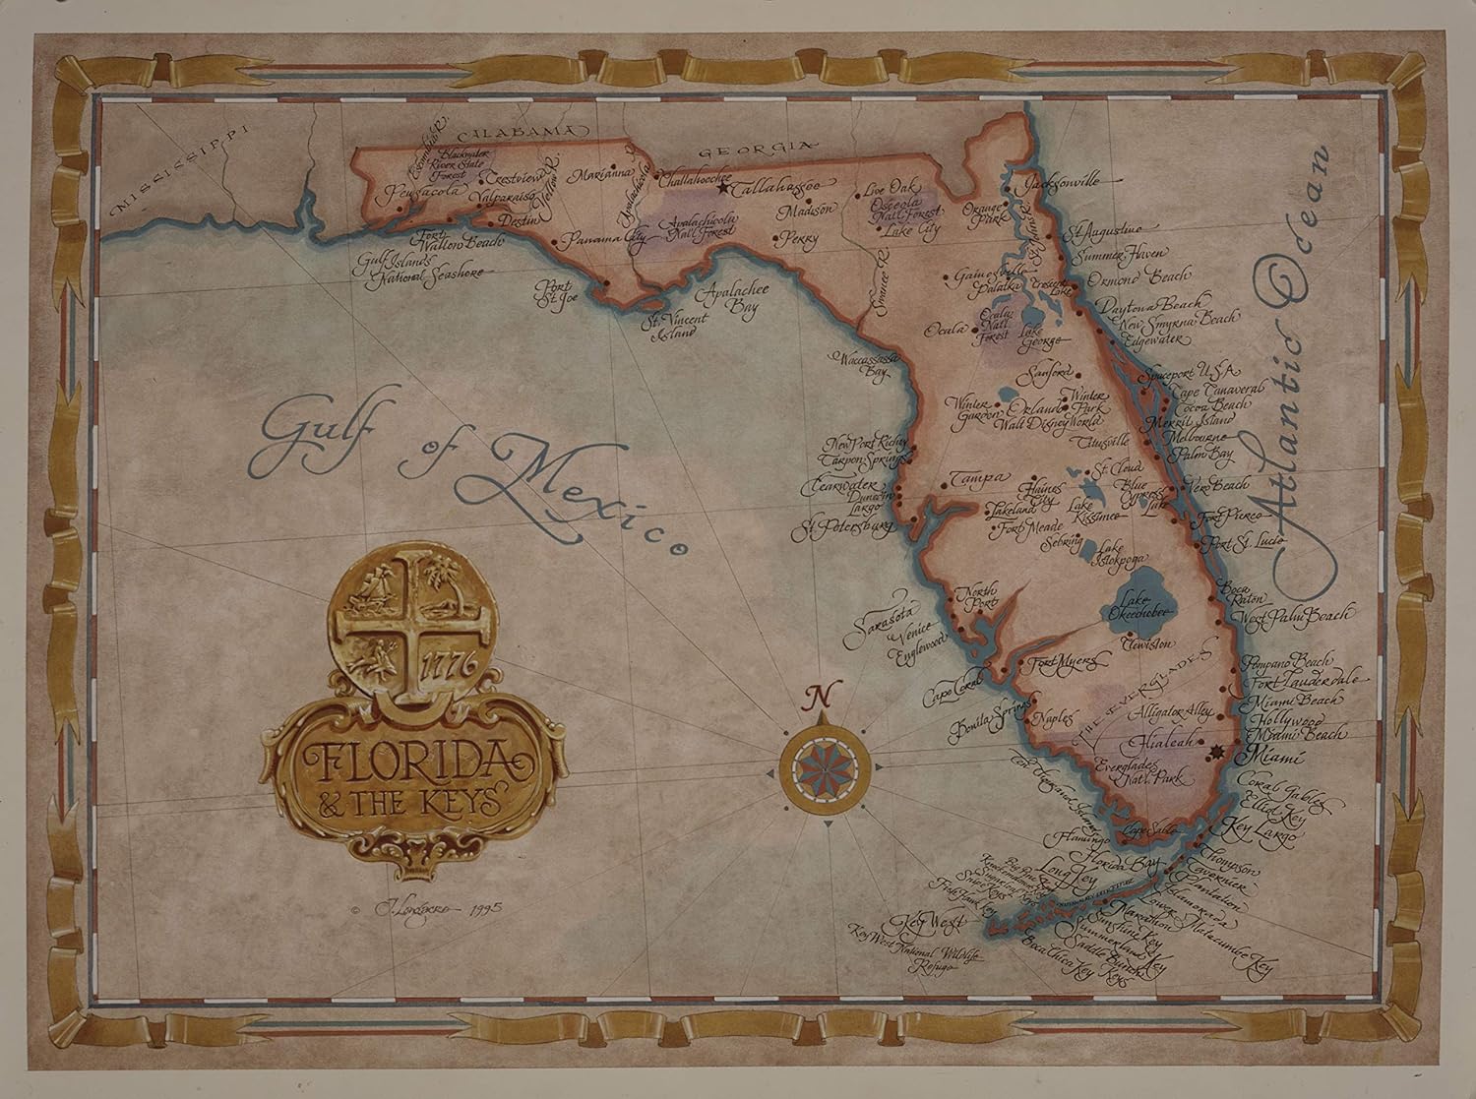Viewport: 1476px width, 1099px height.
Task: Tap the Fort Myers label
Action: pos(1057,662)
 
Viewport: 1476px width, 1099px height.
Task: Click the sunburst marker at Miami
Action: pos(1215,752)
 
